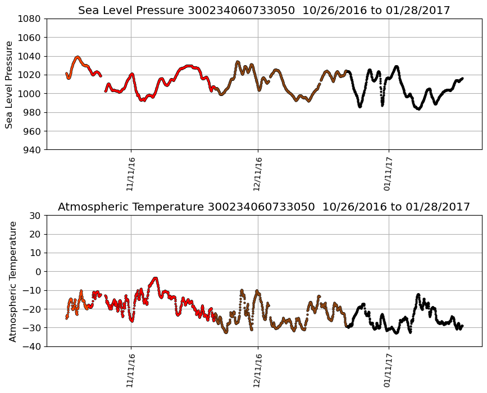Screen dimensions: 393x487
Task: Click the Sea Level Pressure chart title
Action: pos(264,10)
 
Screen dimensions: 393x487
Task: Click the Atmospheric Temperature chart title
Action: pos(264,207)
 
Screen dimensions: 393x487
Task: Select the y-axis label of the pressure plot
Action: pos(9,84)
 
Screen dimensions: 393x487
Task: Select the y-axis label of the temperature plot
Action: pos(12,281)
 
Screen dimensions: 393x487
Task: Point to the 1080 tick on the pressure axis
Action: pos(30,19)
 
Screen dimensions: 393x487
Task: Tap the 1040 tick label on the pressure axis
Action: pos(30,56)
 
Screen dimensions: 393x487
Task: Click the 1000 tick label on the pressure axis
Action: pos(30,93)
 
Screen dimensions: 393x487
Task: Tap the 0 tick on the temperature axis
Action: pos(39,272)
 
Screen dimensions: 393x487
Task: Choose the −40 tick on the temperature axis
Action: pos(33,346)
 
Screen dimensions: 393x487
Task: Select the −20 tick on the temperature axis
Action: pos(33,309)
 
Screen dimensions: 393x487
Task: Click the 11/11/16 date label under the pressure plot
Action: pos(131,173)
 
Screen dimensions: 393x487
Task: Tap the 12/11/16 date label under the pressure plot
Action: pos(258,173)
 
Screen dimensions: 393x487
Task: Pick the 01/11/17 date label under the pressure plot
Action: pos(388,173)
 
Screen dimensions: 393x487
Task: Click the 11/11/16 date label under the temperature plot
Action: pos(131,370)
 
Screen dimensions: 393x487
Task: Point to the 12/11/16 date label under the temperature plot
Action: pos(258,370)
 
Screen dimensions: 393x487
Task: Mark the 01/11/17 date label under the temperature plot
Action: pos(388,370)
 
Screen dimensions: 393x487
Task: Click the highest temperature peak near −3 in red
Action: pos(156,278)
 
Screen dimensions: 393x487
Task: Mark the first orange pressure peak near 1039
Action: pos(78,57)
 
